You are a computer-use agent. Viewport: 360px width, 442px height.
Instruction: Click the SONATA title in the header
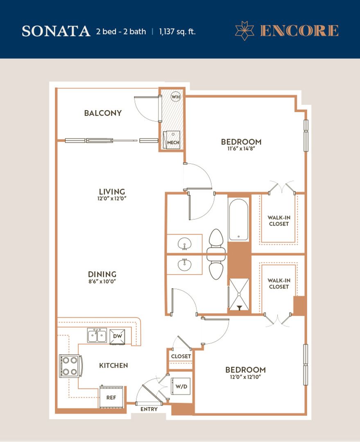tap(56, 32)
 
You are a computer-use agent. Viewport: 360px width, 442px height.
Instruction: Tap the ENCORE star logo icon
tap(245, 31)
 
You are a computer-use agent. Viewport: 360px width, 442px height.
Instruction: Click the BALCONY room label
tap(103, 113)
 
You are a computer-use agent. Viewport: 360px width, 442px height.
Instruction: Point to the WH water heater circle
tap(176, 97)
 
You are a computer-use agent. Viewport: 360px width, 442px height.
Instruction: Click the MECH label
tap(173, 142)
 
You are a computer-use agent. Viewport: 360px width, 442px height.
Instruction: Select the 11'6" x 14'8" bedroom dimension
tap(241, 149)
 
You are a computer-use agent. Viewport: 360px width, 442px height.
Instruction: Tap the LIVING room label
tap(112, 192)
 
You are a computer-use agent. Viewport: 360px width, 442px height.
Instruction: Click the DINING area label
tap(102, 274)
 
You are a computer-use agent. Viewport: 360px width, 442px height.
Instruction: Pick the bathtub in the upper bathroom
tap(239, 219)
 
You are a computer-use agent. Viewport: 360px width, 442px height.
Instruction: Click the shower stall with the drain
tap(239, 294)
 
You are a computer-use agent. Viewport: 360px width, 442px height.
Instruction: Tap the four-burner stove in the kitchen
tap(70, 365)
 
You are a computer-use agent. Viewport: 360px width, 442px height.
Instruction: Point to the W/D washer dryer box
tap(181, 386)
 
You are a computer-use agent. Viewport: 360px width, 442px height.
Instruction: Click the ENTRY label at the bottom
tap(149, 409)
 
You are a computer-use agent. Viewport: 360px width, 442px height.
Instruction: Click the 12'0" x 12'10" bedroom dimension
tap(245, 377)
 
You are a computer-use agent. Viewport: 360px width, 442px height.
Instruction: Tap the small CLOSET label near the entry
tap(181, 356)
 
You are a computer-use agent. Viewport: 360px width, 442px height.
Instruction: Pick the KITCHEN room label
tap(113, 365)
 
